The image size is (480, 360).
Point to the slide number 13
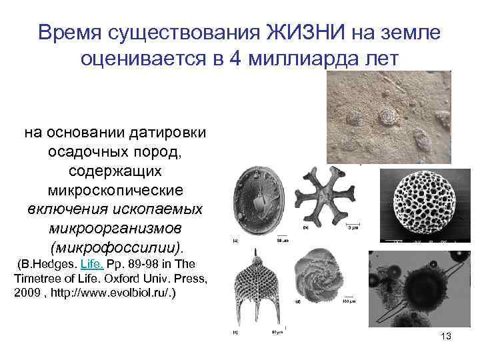click(x=446, y=336)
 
